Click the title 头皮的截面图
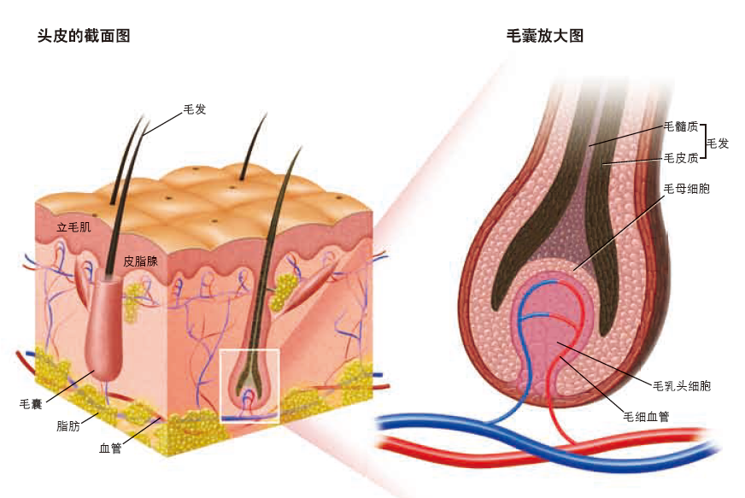[83, 36]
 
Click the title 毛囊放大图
[545, 36]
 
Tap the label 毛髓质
[681, 127]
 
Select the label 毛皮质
[681, 158]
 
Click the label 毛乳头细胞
[681, 386]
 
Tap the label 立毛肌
[73, 228]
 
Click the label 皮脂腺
[140, 261]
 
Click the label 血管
[110, 447]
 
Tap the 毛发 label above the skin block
[195, 109]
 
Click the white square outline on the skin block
[249, 350]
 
